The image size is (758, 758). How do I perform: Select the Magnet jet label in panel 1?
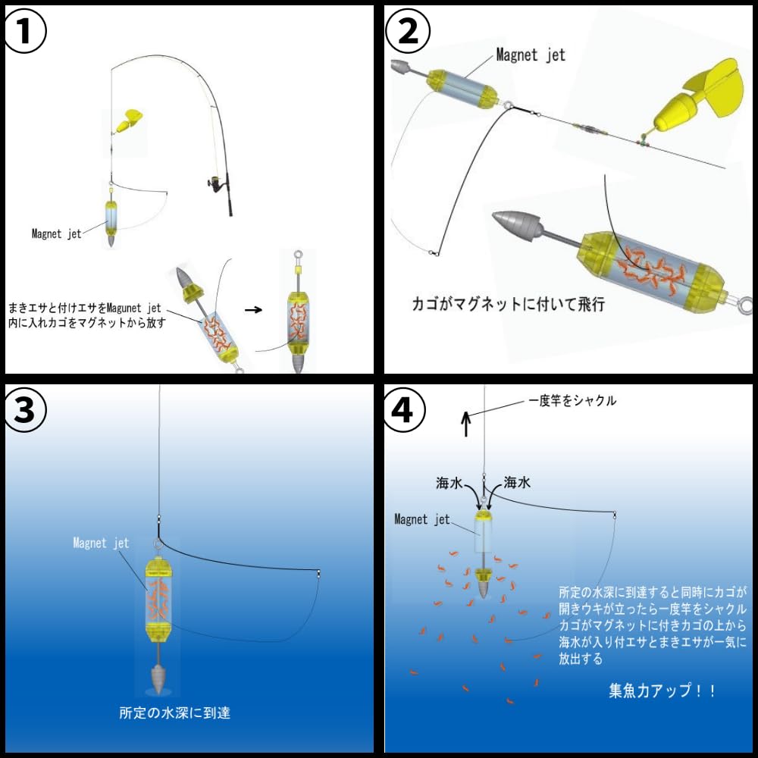(56, 233)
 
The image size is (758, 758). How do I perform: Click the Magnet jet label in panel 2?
(530, 55)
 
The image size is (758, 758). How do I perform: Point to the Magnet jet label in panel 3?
(101, 543)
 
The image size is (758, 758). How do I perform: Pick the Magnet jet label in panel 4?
(422, 519)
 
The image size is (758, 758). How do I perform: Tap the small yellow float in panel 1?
(130, 118)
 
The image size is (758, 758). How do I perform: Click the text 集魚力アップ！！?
(662, 691)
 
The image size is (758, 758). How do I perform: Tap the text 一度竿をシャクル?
(572, 401)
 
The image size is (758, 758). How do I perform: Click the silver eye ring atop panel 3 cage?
(159, 544)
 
